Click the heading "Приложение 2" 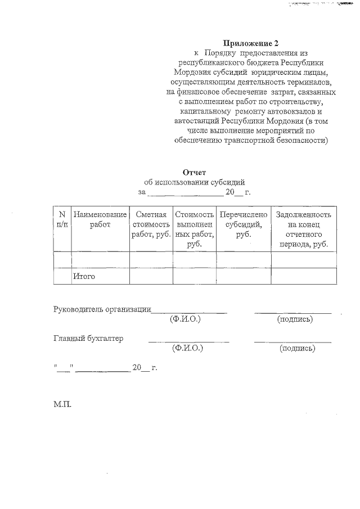251,43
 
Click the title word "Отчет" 195,172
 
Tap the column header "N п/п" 62,219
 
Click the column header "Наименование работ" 100,219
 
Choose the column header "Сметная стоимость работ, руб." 151,224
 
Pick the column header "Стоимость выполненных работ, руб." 194,229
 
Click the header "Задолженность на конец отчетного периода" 304,229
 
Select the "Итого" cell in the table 84,276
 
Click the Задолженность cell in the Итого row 304,276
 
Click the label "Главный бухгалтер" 88,338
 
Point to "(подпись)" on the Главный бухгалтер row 297,349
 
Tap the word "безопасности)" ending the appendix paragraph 299,141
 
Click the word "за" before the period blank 142,192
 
